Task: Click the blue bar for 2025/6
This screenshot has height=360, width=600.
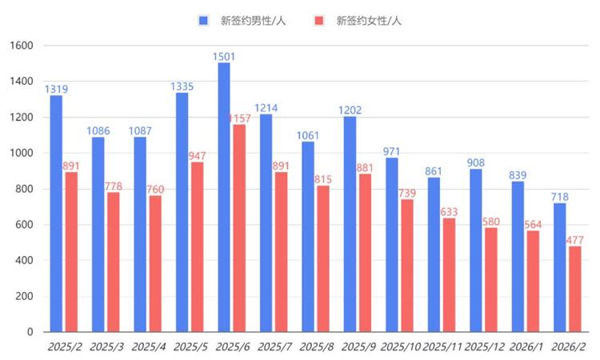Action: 224,197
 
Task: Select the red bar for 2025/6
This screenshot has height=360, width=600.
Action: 239,228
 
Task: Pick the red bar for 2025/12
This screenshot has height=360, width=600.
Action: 490,279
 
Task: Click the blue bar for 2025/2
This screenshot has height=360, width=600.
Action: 56,213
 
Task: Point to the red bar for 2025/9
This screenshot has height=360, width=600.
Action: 365,253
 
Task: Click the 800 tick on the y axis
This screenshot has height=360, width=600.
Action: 24,189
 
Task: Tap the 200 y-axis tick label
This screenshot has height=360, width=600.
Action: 24,296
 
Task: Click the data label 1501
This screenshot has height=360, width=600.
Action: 225,56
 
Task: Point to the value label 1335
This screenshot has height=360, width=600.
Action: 183,86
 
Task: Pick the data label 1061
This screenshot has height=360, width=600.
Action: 309,134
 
